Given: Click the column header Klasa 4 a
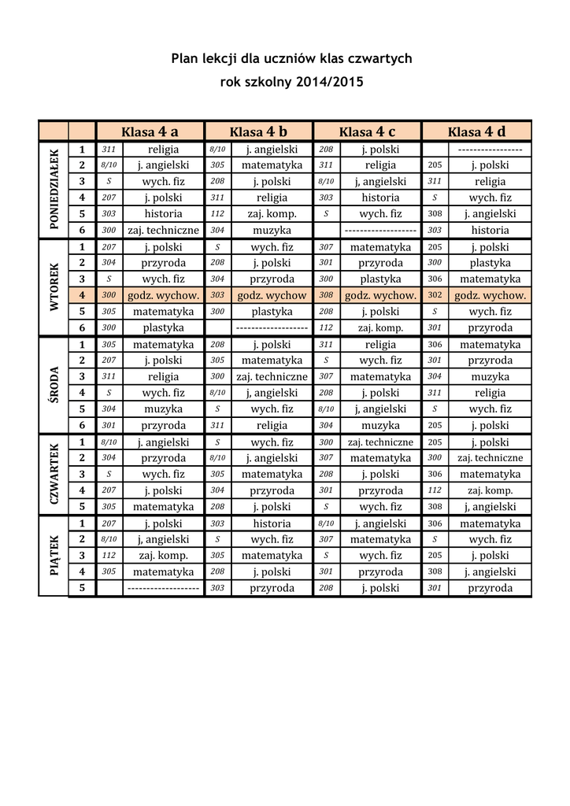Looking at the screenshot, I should click(x=150, y=131).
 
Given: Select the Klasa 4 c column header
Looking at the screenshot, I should click(x=368, y=131).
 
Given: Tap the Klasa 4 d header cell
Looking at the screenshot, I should click(x=476, y=131).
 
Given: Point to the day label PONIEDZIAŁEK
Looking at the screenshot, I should click(x=54, y=190).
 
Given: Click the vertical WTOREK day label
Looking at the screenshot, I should click(x=54, y=287).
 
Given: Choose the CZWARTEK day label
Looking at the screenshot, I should click(x=54, y=475).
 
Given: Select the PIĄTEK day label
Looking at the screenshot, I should click(x=54, y=556).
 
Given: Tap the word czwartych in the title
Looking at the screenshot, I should click(x=380, y=59).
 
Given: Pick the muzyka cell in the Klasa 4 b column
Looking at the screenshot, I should click(x=272, y=231).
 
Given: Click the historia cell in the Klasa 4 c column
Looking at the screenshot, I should click(x=381, y=198).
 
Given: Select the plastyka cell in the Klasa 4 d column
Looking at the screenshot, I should click(x=490, y=263).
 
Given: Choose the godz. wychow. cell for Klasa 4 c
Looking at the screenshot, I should click(x=381, y=295).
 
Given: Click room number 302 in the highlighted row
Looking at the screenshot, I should click(x=435, y=295).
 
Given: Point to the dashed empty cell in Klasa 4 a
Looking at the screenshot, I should click(x=163, y=588).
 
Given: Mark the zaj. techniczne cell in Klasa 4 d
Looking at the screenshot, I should click(x=490, y=458).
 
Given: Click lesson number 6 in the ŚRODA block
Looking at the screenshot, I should click(x=82, y=425).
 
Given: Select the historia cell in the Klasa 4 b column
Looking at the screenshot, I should click(x=272, y=523).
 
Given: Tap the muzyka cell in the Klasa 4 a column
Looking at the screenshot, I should click(x=163, y=409).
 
